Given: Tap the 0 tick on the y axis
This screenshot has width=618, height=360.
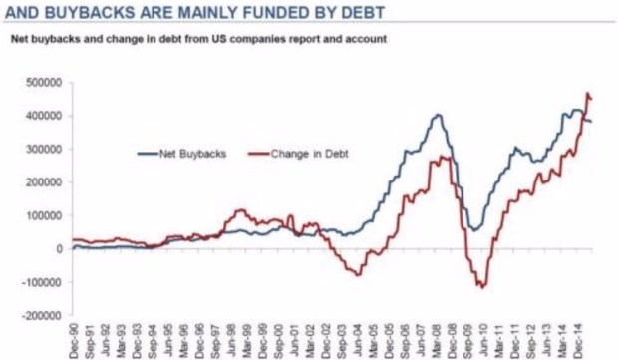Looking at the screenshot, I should (62, 249).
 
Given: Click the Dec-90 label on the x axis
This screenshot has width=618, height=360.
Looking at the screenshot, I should (74, 339).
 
